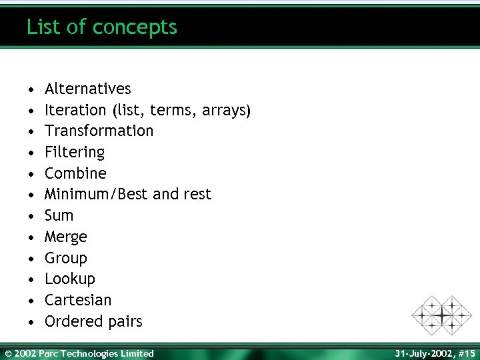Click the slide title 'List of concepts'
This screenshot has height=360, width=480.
102,27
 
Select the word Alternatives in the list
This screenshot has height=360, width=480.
87,89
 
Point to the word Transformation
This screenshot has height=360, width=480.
99,131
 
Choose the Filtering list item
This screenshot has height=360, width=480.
75,152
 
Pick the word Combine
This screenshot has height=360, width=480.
75,173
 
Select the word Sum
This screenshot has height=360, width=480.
59,215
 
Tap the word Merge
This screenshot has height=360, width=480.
65,237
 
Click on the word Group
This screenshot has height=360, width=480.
65,258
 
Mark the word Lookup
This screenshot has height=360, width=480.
69,279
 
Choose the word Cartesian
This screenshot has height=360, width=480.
78,300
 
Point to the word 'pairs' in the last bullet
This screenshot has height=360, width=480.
127,321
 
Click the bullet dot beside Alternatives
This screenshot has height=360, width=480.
31,89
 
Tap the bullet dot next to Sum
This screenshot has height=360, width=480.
31,216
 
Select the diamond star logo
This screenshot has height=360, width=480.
441,315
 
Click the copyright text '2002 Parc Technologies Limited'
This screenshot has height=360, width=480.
84,353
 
